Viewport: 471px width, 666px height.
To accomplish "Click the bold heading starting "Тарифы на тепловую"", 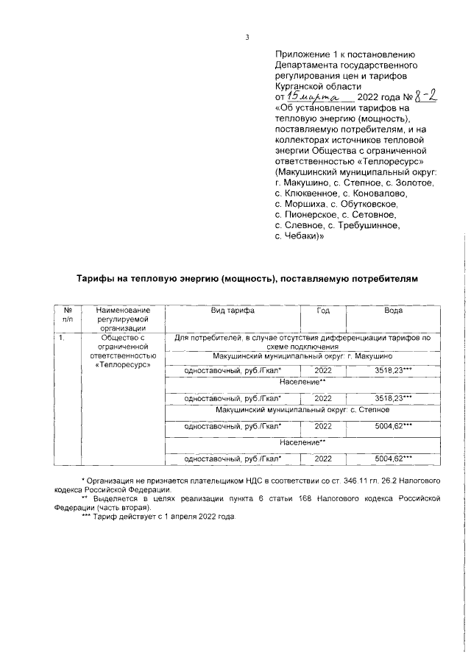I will (247, 280).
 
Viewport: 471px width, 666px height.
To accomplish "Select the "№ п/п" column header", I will (68, 315).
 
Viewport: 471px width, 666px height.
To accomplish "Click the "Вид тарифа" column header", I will (233, 311).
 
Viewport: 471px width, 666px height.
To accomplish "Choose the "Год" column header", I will (323, 311).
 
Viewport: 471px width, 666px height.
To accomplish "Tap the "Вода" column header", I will (393, 311).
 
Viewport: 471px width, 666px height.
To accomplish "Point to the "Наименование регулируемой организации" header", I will (123, 320).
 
